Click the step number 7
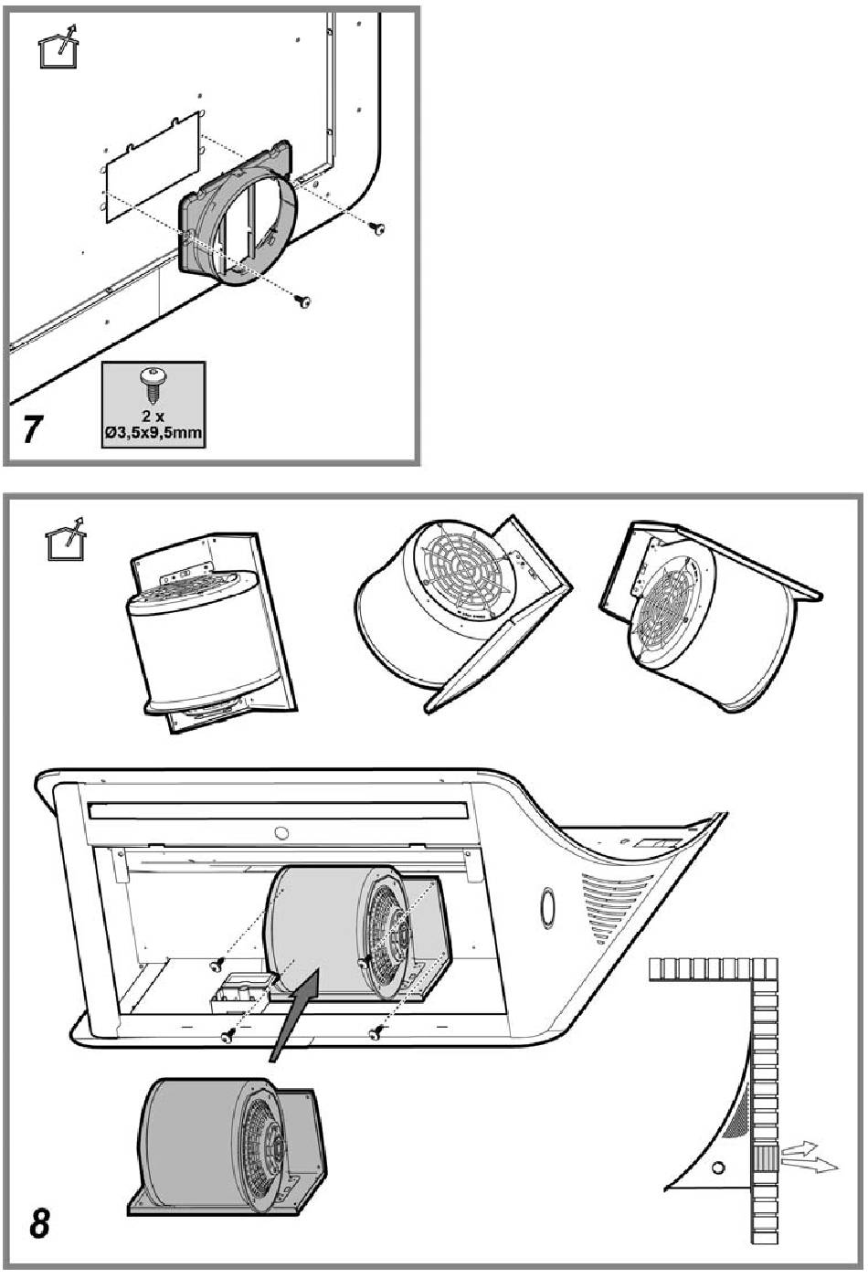tap(34, 428)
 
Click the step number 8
tap(38, 1222)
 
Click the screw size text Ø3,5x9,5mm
tap(153, 432)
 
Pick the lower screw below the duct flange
tap(305, 301)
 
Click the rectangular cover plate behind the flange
tap(152, 169)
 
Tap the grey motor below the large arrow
tap(228, 1146)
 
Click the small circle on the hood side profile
tap(718, 1167)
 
